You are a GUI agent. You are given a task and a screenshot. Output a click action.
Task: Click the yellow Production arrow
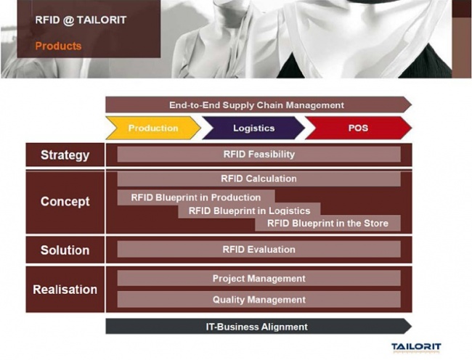pyautogui.click(x=153, y=128)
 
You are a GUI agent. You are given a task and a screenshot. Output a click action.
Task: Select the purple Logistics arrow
pyautogui.click(x=253, y=128)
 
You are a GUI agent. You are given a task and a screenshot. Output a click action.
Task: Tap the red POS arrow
pyautogui.click(x=358, y=128)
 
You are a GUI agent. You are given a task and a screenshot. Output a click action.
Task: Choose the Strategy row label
pyautogui.click(x=65, y=155)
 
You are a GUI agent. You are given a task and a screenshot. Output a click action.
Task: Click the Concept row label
pyautogui.click(x=65, y=202)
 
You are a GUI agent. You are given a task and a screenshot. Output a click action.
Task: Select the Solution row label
pyautogui.click(x=65, y=250)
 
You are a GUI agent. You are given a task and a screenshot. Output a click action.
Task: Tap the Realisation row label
pyautogui.click(x=65, y=290)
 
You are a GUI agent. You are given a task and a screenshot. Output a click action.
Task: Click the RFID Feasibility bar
pyautogui.click(x=259, y=155)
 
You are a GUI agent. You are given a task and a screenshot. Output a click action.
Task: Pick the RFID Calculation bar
pyautogui.click(x=259, y=179)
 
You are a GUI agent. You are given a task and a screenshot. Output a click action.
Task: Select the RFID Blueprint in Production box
pyautogui.click(x=196, y=197)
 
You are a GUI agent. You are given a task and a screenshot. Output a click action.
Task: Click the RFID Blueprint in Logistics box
pyautogui.click(x=249, y=210)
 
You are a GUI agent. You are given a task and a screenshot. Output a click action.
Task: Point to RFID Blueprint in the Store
pyautogui.click(x=327, y=223)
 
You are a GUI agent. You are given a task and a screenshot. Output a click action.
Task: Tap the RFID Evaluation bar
pyautogui.click(x=259, y=250)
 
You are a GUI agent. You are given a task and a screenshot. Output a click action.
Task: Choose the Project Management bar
pyautogui.click(x=259, y=278)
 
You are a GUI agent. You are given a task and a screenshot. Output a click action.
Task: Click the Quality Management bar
pyautogui.click(x=259, y=300)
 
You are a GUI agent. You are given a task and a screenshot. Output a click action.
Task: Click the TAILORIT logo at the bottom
pyautogui.click(x=416, y=348)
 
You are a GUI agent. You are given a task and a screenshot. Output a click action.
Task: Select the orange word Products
pyautogui.click(x=58, y=46)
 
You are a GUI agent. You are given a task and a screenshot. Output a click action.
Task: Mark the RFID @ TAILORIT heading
pyautogui.click(x=81, y=20)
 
